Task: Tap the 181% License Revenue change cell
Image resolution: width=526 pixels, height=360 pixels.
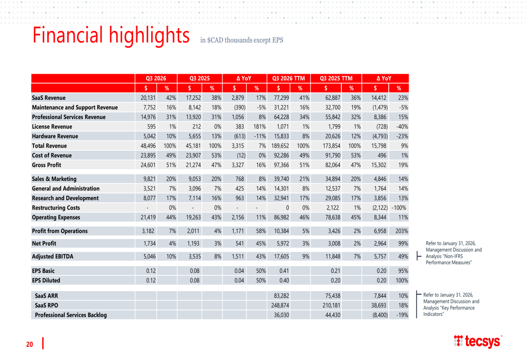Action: [258, 126]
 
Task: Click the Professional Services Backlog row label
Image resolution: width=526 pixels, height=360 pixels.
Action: [70, 315]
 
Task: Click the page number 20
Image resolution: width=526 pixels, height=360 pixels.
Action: [30, 344]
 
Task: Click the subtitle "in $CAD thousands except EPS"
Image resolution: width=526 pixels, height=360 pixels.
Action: [241, 40]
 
